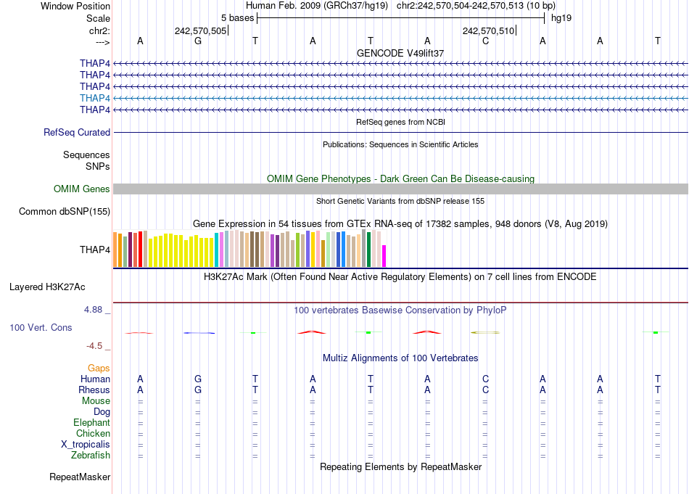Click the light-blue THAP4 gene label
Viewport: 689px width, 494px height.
[x=95, y=98]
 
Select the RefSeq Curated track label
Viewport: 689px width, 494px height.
[x=77, y=133]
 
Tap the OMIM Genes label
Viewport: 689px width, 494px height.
[x=82, y=189]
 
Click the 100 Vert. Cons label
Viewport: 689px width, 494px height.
[x=41, y=328]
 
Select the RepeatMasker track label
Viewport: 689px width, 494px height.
[x=80, y=477]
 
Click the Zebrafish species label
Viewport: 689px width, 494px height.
[x=91, y=456]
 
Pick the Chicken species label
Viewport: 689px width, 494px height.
[x=93, y=434]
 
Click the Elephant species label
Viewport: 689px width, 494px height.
[x=91, y=423]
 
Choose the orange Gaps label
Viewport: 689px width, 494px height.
[x=99, y=369]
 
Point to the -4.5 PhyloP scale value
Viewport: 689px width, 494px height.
[x=96, y=346]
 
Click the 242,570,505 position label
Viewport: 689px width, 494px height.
[x=200, y=30]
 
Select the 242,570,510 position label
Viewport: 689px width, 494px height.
[x=488, y=30]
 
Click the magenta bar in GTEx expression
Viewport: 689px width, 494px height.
[x=384, y=256]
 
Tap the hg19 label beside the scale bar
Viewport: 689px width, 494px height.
[x=561, y=17]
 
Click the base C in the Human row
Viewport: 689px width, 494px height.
[x=485, y=379]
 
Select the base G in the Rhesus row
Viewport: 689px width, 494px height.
[x=198, y=390]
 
